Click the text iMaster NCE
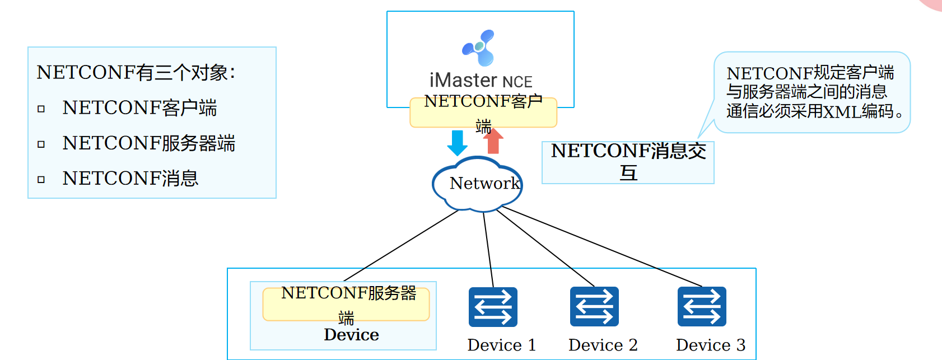(x=481, y=81)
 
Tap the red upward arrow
(x=493, y=141)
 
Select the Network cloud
(x=478, y=184)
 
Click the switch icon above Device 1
(x=493, y=307)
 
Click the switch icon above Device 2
(x=594, y=306)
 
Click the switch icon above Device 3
(x=702, y=306)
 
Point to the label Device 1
(x=501, y=345)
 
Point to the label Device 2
(x=603, y=345)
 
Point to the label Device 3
(x=710, y=345)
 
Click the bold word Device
(x=351, y=335)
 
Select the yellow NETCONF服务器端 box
(x=346, y=305)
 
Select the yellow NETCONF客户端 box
(x=483, y=113)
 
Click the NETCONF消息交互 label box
(x=628, y=162)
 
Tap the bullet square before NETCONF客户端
(x=41, y=109)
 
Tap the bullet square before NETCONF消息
(x=41, y=179)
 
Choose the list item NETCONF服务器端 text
(x=148, y=143)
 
